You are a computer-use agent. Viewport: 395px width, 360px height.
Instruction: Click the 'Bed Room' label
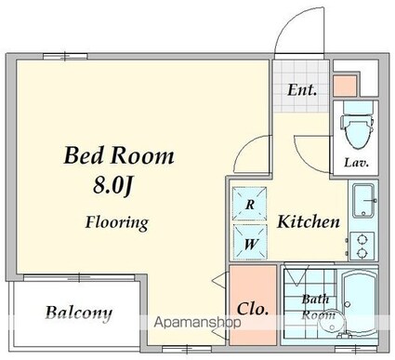(119, 155)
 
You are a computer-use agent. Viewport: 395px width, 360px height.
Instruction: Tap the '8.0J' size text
(113, 187)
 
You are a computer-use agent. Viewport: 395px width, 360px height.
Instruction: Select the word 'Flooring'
(117, 223)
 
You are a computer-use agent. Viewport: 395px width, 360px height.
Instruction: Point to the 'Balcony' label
(79, 313)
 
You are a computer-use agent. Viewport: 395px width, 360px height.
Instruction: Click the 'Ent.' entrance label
(302, 90)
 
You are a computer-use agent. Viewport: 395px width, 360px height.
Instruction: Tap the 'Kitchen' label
(309, 221)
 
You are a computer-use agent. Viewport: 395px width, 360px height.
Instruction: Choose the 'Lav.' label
(356, 163)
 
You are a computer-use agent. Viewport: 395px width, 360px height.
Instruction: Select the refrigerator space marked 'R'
(250, 204)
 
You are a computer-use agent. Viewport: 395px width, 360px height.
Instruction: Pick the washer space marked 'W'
(250, 242)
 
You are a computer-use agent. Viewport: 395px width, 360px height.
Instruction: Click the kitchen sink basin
(364, 200)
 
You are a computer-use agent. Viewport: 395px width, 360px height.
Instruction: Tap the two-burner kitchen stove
(362, 247)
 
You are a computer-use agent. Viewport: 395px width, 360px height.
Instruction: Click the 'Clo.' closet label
(253, 309)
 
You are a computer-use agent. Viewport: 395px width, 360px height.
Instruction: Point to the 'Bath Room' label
(317, 307)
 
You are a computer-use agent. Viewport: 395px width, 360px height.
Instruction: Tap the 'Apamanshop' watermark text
(197, 323)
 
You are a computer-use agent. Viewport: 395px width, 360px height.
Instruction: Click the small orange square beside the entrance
(345, 86)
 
